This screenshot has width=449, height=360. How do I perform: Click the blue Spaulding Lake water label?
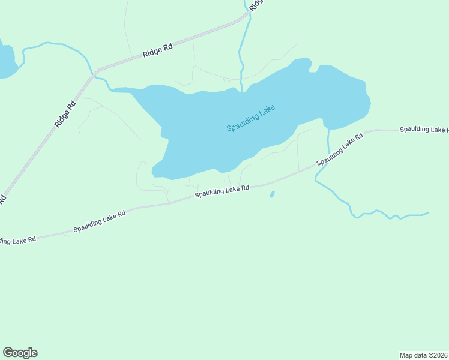click(251, 118)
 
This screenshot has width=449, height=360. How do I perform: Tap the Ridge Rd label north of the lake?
click(158, 50)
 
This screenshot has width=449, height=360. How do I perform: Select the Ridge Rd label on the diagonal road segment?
click(66, 113)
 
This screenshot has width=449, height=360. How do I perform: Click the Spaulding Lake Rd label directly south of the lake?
click(221, 191)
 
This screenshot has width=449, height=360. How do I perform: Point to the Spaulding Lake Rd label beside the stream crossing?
click(340, 149)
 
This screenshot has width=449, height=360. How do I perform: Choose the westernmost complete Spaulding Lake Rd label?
click(100, 221)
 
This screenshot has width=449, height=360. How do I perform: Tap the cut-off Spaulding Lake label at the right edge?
click(423, 129)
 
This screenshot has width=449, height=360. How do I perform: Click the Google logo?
click(20, 353)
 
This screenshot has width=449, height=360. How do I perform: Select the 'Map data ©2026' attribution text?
click(423, 355)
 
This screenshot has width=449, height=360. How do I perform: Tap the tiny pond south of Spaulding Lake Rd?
click(272, 194)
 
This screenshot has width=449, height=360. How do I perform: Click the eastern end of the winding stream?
click(427, 212)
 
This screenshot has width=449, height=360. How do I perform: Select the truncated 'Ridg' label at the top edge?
click(256, 5)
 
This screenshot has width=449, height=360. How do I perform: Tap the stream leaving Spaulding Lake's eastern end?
click(328, 144)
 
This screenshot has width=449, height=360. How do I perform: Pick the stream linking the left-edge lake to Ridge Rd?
click(54, 44)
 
